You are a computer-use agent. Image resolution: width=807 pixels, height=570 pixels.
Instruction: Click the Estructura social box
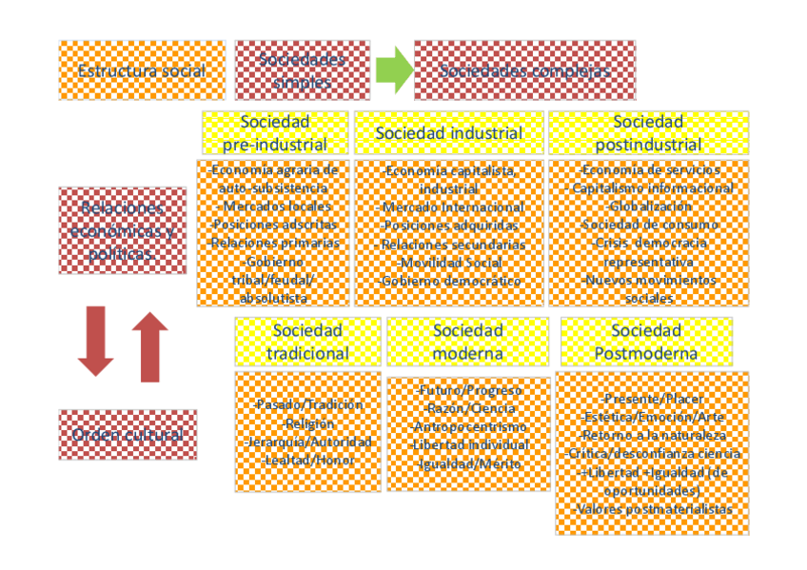(x=142, y=70)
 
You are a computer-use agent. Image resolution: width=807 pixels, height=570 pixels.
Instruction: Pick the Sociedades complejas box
(x=524, y=70)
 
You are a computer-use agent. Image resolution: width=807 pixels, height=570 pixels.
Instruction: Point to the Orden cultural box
(x=128, y=435)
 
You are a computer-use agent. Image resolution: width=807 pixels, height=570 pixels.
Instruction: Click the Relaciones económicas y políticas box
(x=122, y=230)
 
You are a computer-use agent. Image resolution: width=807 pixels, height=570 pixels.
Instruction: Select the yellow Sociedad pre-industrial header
(x=274, y=133)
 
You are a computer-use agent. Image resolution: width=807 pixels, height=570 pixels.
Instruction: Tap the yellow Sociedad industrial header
(x=449, y=133)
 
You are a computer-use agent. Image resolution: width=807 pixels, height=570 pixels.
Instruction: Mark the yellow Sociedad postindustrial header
(x=648, y=133)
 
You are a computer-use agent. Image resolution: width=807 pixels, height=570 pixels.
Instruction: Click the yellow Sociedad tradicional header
(x=307, y=342)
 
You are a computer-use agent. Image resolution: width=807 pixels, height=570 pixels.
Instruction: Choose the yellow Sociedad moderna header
(x=467, y=342)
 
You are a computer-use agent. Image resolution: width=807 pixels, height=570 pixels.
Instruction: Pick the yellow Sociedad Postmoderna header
(x=646, y=342)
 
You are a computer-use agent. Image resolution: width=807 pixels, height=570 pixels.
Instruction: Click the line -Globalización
(x=648, y=206)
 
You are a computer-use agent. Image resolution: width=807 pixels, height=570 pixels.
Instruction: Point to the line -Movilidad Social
(x=449, y=263)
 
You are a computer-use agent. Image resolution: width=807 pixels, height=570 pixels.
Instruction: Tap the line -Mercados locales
(x=275, y=206)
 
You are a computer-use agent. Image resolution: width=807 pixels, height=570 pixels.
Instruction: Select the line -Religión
(x=307, y=423)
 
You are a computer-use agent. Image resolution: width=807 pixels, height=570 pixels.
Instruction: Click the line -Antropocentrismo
(x=468, y=426)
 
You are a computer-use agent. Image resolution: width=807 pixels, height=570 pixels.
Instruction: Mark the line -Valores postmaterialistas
(x=652, y=509)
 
